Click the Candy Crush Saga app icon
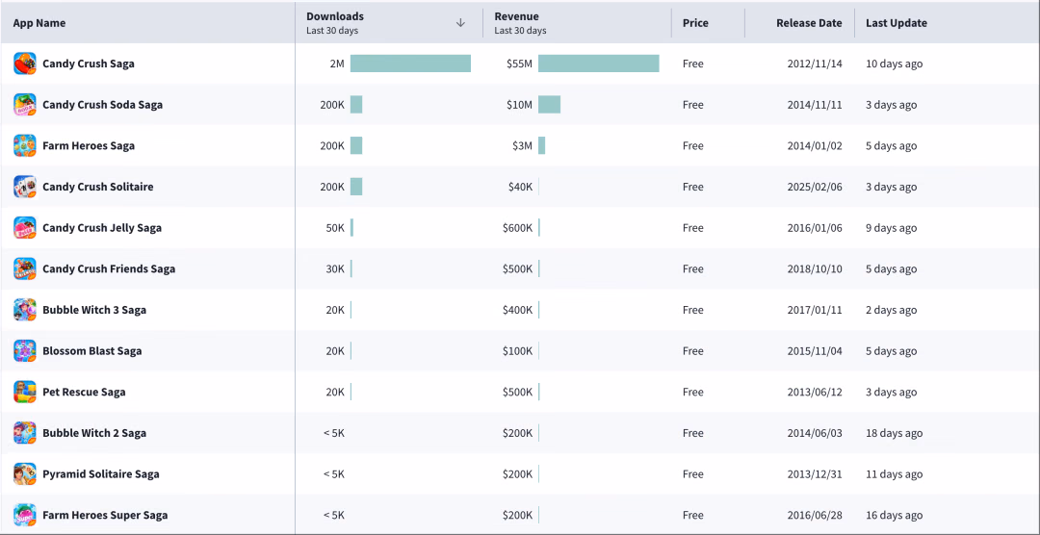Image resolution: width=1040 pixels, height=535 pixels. (x=24, y=64)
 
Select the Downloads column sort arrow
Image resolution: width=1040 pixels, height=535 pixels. (x=461, y=22)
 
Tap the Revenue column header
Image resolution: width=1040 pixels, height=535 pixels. (x=517, y=16)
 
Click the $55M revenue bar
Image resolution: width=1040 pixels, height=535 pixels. (x=598, y=64)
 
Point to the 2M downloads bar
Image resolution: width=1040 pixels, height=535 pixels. (x=410, y=64)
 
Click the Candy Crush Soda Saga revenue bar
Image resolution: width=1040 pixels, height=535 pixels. (x=549, y=105)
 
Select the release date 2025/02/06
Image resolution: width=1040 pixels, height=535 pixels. (x=815, y=187)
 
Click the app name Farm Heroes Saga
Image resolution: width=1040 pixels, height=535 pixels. (x=89, y=146)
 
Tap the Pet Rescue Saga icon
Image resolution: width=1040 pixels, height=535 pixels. (x=24, y=392)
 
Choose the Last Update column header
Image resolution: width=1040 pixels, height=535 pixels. (x=897, y=23)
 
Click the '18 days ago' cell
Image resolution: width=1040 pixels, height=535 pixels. (x=894, y=433)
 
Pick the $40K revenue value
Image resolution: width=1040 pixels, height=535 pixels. (x=520, y=187)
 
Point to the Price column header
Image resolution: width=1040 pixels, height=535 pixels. (x=695, y=23)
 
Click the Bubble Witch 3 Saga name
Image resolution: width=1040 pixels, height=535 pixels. (x=94, y=310)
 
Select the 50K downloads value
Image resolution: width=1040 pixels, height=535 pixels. (x=335, y=228)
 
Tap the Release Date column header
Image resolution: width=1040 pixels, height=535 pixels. (x=809, y=23)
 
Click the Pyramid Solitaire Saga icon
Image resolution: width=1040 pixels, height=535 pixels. (x=24, y=474)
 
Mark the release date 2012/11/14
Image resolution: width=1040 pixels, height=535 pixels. (x=815, y=64)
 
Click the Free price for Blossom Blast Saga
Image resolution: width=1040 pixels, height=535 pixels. (x=693, y=350)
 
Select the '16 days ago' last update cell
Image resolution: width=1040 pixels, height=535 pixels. (x=894, y=515)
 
